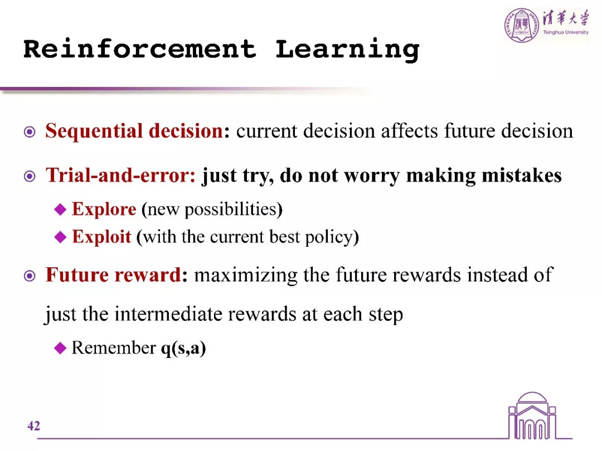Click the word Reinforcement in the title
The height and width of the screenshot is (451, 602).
click(140, 49)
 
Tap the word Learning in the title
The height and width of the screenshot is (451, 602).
click(347, 50)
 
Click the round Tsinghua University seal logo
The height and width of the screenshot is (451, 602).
click(521, 25)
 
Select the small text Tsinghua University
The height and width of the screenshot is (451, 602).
click(566, 33)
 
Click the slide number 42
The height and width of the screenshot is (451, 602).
click(34, 426)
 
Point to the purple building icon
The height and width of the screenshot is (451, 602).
click(532, 416)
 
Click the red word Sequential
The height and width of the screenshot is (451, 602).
click(94, 131)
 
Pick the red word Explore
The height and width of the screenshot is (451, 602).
click(104, 209)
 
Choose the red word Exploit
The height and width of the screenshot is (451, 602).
click(102, 237)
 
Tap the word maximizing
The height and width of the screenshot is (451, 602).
click(246, 276)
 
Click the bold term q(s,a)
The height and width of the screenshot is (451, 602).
click(183, 348)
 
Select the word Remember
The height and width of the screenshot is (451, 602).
click(114, 348)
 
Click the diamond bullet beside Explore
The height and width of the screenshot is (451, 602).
click(60, 209)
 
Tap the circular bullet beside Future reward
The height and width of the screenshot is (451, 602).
click(30, 276)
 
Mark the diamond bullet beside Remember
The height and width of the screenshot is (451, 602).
click(60, 348)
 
